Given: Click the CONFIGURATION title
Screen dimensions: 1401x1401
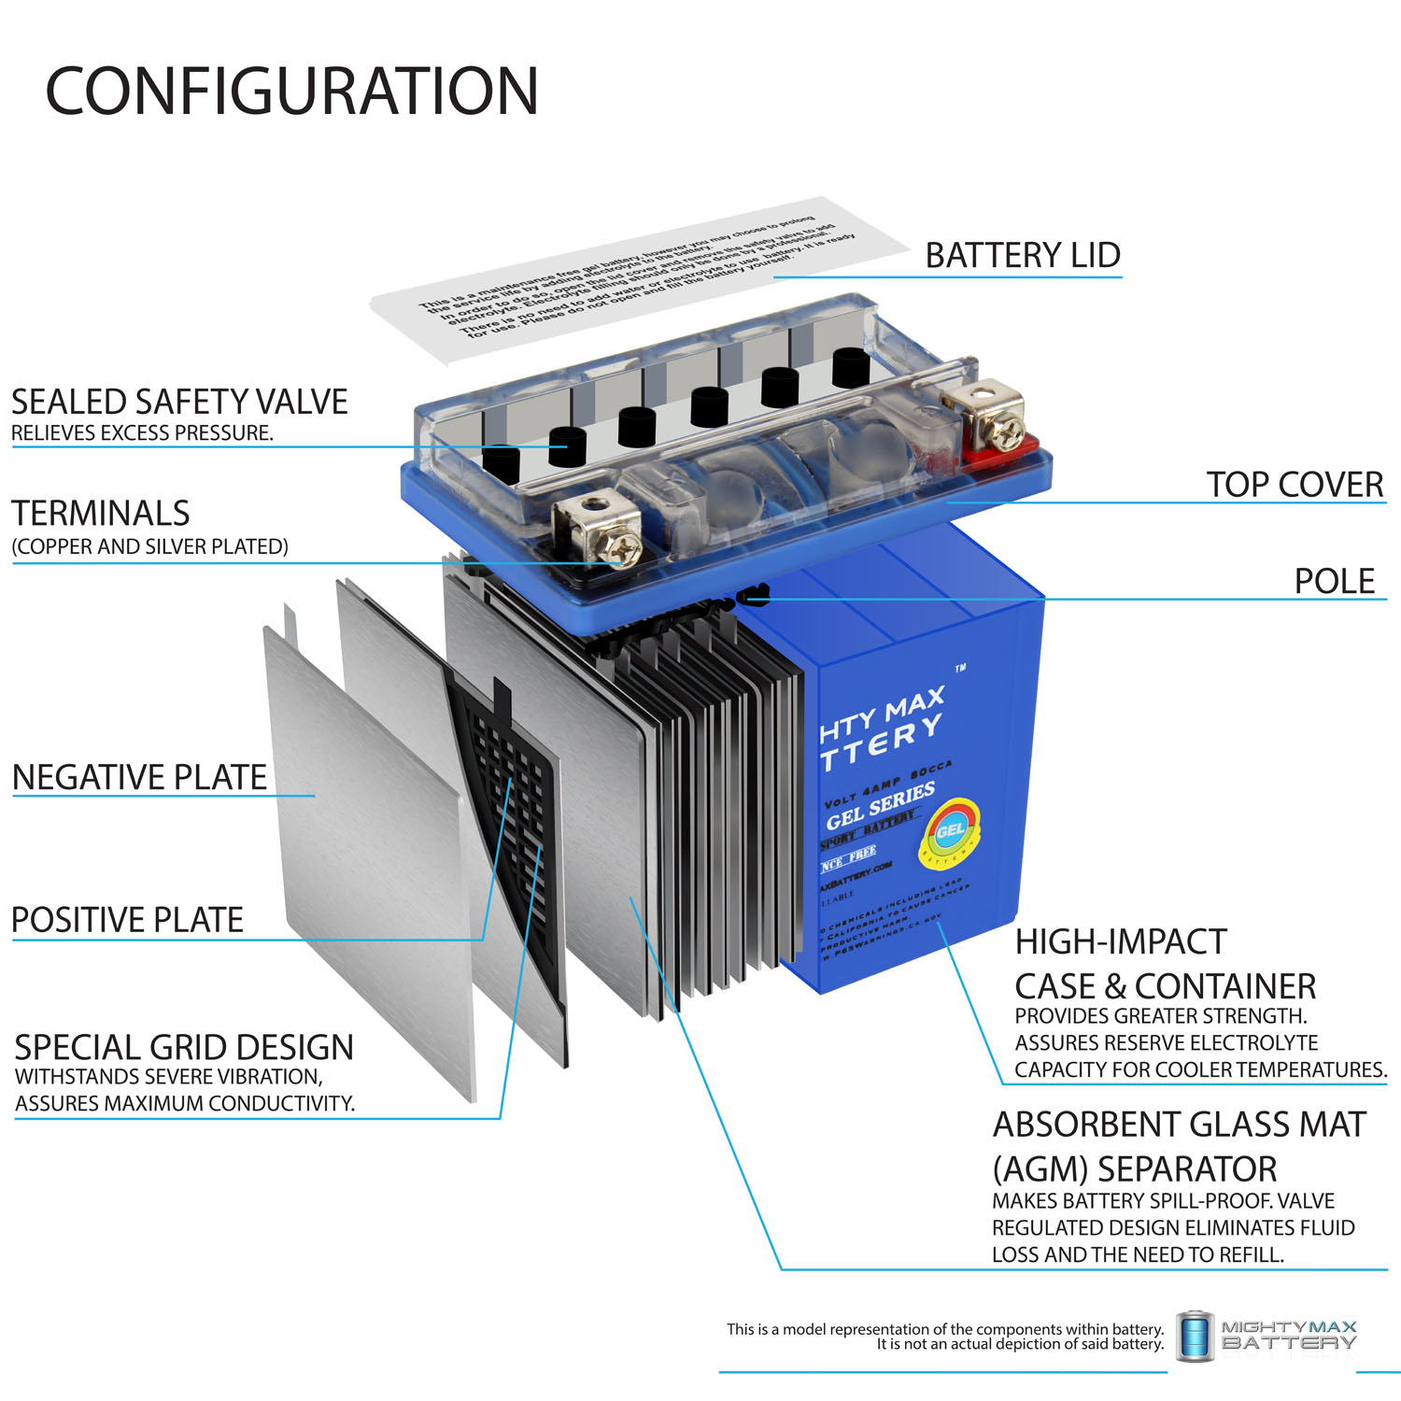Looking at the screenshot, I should click(x=291, y=92).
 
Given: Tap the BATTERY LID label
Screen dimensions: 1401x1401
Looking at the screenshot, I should click(x=1023, y=255).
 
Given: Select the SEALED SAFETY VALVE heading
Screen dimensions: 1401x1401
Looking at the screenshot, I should click(x=179, y=402).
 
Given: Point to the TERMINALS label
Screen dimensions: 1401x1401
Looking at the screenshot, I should click(x=101, y=514).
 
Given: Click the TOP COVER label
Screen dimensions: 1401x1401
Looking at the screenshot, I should click(x=1295, y=485).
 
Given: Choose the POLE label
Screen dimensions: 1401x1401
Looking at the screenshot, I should click(x=1334, y=581).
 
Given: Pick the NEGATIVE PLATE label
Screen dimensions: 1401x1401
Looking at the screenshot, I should click(x=140, y=777).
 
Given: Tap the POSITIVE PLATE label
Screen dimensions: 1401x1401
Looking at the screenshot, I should click(x=128, y=920).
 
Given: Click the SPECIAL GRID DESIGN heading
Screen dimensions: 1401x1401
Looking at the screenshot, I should click(x=184, y=1047).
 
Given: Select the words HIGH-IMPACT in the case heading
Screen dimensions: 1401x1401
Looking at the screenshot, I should click(x=1121, y=941).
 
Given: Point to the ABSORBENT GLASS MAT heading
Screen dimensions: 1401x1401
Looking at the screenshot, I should click(x=1180, y=1125).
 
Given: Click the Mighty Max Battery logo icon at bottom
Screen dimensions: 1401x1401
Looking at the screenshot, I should click(x=1194, y=1336).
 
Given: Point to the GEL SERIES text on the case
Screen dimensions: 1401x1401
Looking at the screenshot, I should click(x=880, y=805).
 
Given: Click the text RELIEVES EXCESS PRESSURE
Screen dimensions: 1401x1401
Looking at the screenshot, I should click(x=142, y=433).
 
